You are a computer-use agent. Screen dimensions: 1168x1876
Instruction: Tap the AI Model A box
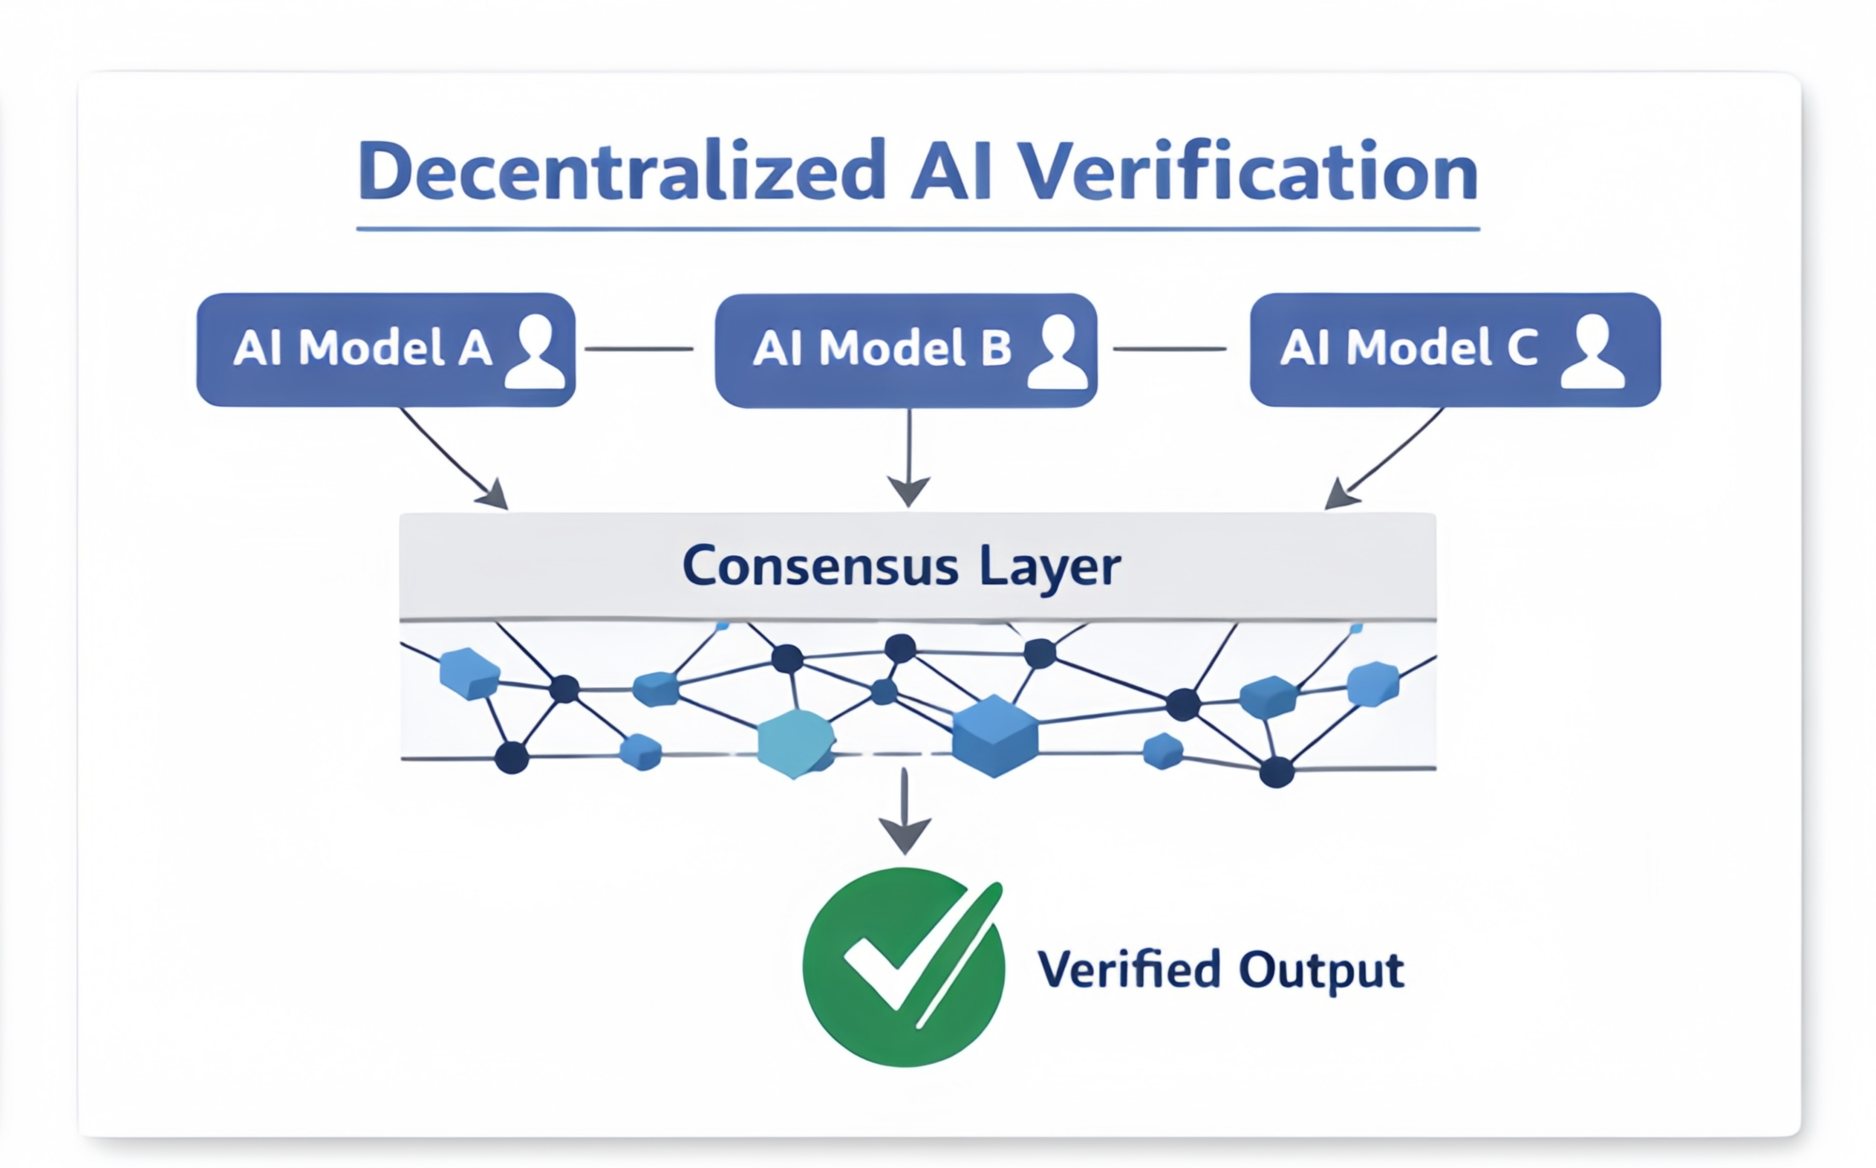[x=363, y=349]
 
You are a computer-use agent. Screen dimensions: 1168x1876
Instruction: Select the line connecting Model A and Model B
[x=639, y=349]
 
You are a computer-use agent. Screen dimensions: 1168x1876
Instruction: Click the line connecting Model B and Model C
[x=1169, y=349]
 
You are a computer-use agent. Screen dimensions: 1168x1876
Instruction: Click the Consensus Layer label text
[x=901, y=566]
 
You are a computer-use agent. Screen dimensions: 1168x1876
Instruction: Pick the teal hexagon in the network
[x=795, y=742]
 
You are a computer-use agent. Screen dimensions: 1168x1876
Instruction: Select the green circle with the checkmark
[x=903, y=967]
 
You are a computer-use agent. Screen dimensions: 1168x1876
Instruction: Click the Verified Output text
[x=1220, y=970]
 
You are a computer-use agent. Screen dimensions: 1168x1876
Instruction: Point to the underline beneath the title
[x=917, y=230]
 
